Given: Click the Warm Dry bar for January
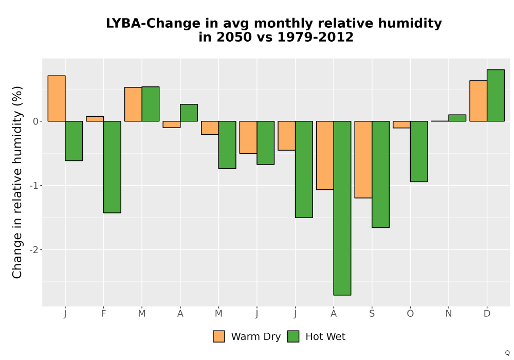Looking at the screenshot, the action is [x=57, y=98].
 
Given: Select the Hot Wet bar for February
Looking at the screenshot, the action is [x=112, y=167].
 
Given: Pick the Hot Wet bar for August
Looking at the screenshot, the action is [x=342, y=208].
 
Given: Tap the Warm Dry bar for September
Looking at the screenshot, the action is [x=363, y=159].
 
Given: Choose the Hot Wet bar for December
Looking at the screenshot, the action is [x=495, y=96].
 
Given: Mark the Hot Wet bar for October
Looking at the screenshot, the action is [x=419, y=152].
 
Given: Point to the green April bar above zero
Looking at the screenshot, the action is [x=189, y=113].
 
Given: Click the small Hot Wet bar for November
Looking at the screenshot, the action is [x=457, y=118].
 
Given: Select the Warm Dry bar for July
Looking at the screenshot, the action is [x=286, y=136].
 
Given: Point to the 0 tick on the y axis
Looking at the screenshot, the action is [x=36, y=122].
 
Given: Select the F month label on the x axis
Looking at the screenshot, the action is [x=104, y=314].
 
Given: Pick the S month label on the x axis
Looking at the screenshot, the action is [x=372, y=314].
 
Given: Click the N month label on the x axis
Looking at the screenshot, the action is [x=448, y=314].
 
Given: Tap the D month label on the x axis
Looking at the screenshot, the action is [x=487, y=314].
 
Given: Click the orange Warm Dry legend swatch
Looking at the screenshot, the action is [x=219, y=336].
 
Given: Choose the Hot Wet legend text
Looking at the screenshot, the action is [x=325, y=337].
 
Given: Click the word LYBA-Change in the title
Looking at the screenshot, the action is [x=153, y=24].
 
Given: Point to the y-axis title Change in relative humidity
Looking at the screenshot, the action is [x=17, y=182].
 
